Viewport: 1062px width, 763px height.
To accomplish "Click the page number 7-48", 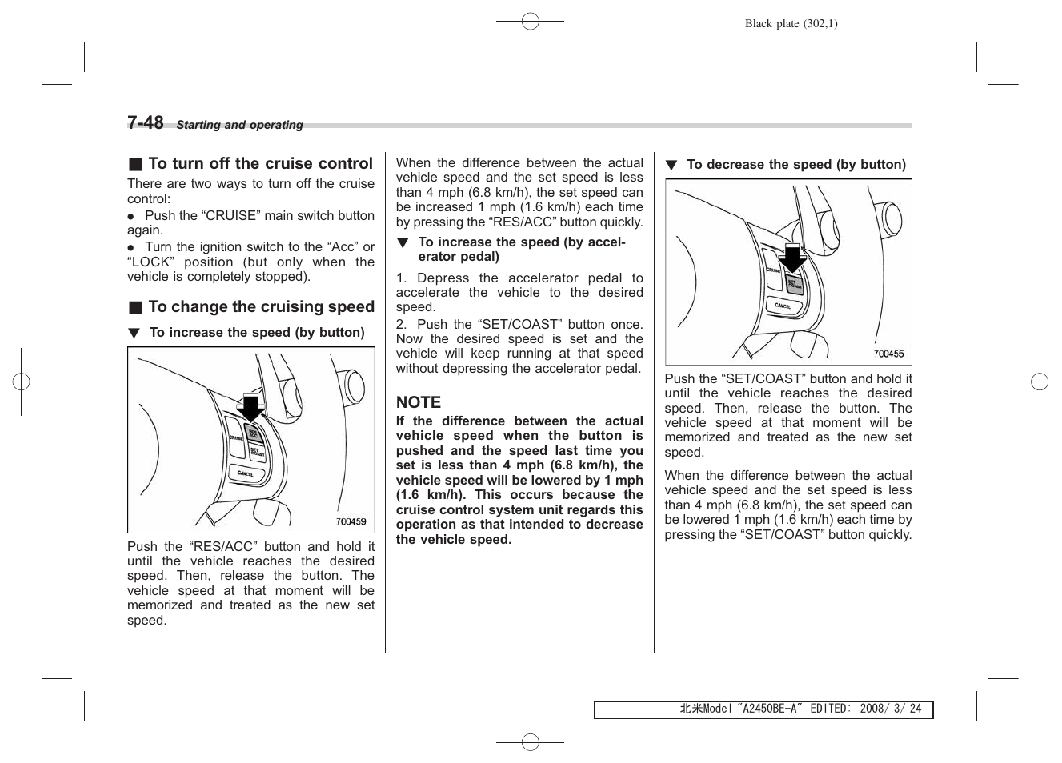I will coord(145,122).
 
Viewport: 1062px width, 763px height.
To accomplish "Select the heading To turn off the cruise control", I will coord(260,164).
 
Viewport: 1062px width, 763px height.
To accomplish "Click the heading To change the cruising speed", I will coord(261,307).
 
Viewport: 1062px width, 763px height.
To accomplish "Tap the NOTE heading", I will coord(419,402).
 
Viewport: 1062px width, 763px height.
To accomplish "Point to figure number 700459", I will coord(351,521).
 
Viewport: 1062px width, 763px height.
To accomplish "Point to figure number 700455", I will coord(888,354).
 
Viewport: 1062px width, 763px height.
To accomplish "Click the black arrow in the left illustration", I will coord(251,408).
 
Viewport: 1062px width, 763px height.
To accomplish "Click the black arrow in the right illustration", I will coord(792,258).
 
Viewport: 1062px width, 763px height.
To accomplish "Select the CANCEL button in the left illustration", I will coord(246,473).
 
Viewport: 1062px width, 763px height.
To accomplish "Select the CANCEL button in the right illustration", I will coord(783,306).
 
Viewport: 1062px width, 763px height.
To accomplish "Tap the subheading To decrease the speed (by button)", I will coord(795,165).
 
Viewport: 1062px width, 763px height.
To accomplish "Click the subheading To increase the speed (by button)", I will coord(256,333).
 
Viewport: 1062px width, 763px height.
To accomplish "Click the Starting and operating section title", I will coord(239,125).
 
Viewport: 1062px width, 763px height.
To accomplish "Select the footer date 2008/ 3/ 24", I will coord(890,709).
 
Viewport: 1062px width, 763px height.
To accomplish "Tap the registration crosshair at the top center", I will coord(531,22).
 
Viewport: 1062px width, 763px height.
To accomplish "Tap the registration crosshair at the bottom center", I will coord(531,741).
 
